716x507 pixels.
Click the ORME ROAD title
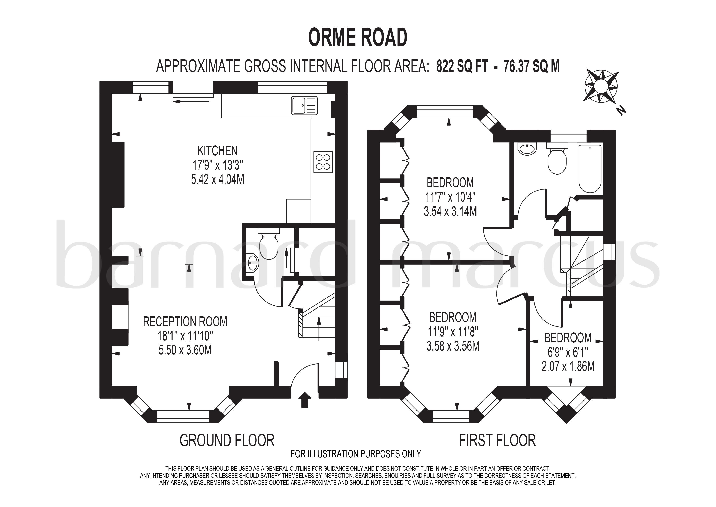point(358,37)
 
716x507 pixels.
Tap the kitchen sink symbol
point(304,105)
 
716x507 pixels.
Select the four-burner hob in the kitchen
point(323,162)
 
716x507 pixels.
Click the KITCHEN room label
point(217,151)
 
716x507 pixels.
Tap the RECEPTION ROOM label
point(185,322)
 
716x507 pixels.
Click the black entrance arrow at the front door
point(305,400)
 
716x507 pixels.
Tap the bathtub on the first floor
point(589,169)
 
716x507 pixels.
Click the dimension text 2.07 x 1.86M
point(568,366)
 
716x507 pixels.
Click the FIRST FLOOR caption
point(497,441)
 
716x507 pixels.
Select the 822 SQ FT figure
point(462,66)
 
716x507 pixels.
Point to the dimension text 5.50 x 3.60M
point(185,350)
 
